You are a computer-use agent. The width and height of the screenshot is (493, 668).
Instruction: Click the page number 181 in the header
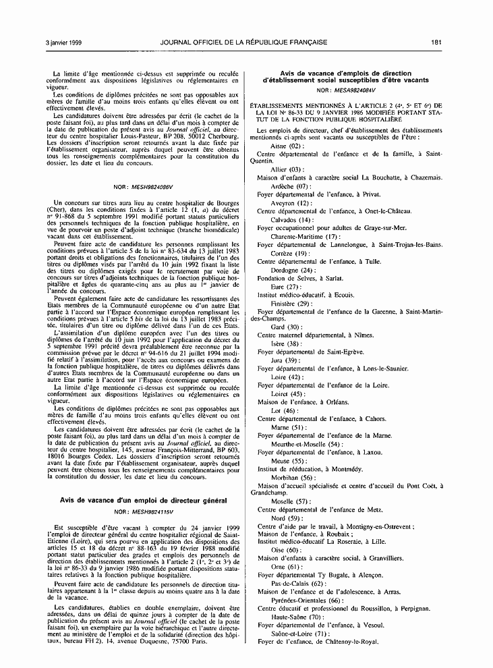[436, 43]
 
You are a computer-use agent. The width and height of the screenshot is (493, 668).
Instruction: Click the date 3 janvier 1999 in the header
[63, 43]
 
